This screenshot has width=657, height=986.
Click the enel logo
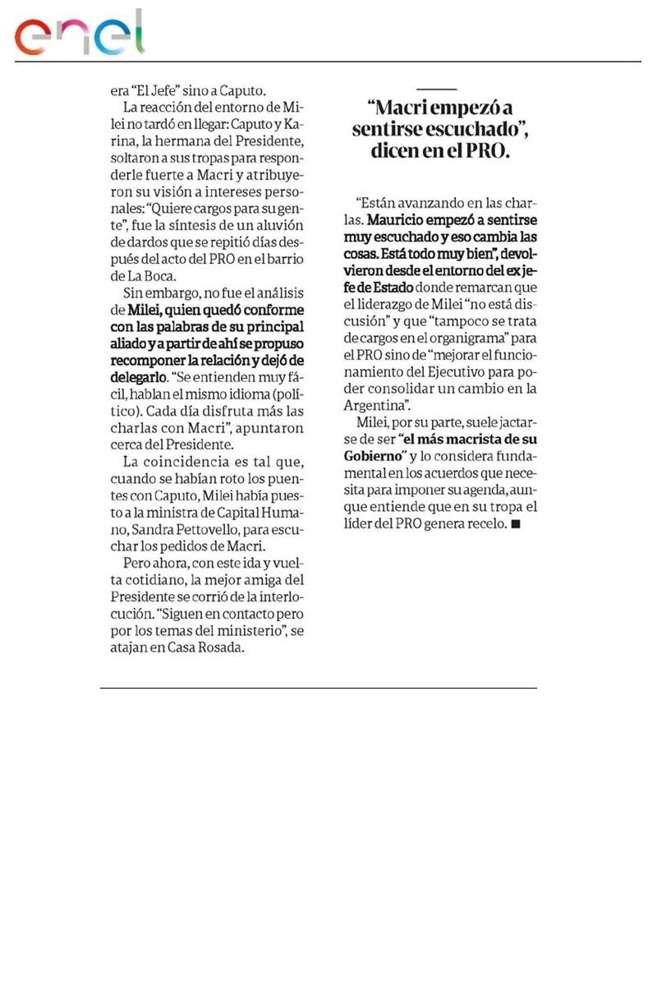80,35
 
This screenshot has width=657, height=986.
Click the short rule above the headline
436,88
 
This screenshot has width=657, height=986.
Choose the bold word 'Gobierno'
374,455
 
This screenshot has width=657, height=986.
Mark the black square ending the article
516,523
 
